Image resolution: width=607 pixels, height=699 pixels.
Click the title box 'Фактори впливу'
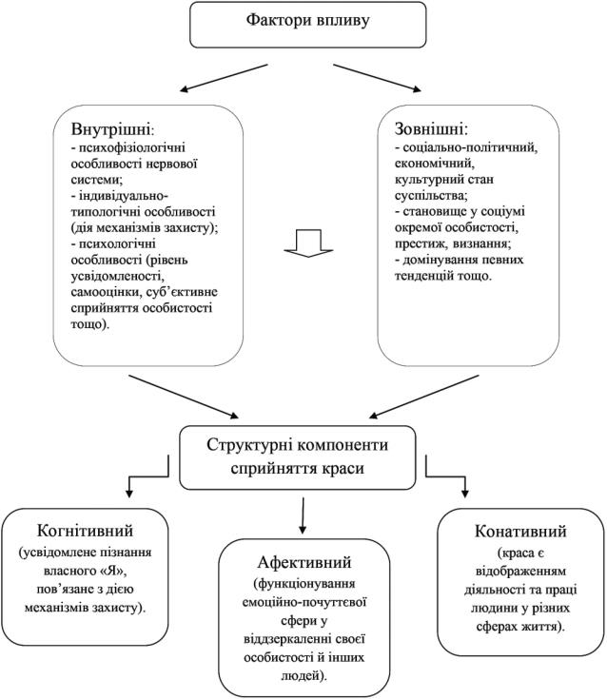coord(307,25)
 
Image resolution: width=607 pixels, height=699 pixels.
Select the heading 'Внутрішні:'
coord(113,129)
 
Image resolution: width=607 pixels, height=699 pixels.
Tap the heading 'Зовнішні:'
coord(431,128)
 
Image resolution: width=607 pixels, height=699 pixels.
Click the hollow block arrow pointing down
coord(308,243)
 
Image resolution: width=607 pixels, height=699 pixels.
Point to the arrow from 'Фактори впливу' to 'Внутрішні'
coord(224,78)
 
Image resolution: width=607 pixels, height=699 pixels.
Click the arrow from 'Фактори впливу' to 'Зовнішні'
coord(377,78)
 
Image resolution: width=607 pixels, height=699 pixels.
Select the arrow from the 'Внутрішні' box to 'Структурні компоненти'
coord(184,397)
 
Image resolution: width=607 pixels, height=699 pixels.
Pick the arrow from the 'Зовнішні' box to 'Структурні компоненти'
coord(423,397)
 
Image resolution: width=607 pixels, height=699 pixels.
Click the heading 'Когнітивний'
coord(85,531)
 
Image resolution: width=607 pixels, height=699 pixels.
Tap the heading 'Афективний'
coord(304,562)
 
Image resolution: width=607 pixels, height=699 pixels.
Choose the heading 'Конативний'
coord(520,531)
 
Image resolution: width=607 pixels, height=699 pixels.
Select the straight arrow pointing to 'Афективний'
coord(303,515)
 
